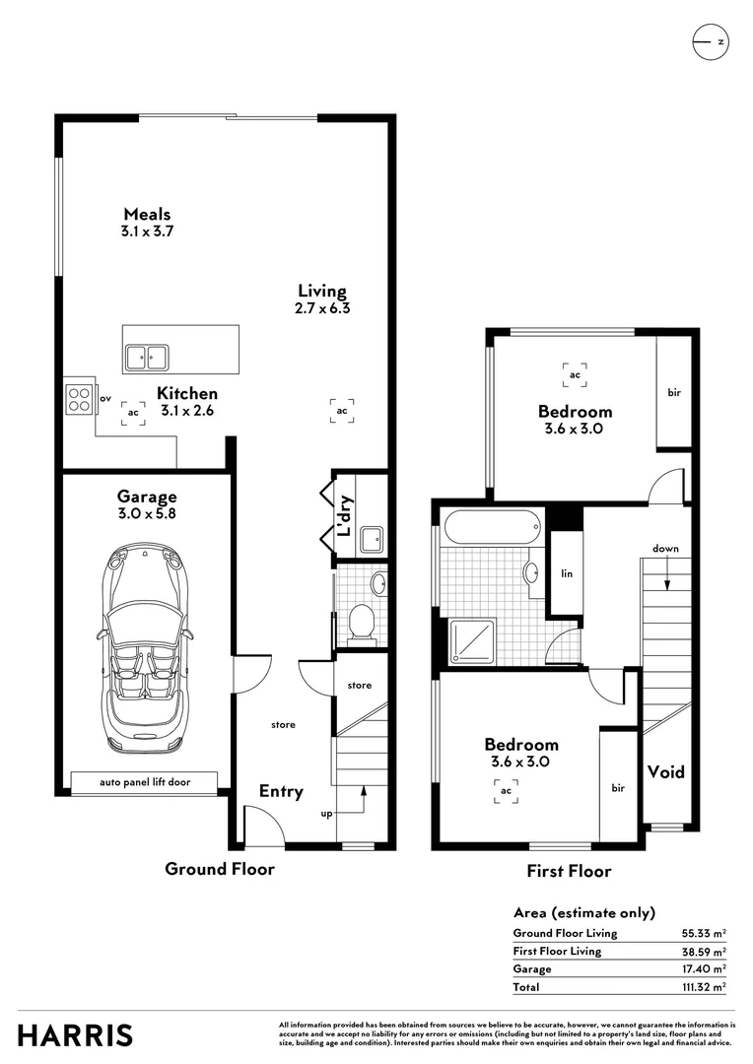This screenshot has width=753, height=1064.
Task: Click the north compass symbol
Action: point(709,41)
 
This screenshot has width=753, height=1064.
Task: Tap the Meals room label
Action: point(147,214)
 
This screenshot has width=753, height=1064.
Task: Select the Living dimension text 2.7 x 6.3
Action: point(323,307)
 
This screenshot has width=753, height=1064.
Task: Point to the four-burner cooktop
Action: point(79,398)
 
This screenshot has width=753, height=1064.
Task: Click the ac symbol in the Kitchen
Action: point(133,412)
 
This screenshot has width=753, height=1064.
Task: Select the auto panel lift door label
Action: point(145,782)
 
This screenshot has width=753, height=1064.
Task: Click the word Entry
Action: point(281,791)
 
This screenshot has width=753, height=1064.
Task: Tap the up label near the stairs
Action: point(326,814)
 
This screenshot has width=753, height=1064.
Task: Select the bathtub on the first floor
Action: point(493,527)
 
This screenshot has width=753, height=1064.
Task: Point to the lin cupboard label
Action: point(567,572)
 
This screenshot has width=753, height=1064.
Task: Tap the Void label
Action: point(665,772)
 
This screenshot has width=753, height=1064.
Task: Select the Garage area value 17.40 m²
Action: point(703,969)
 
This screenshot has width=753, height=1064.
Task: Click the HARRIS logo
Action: point(75,1035)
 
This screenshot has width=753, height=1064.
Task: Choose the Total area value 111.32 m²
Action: point(703,986)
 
